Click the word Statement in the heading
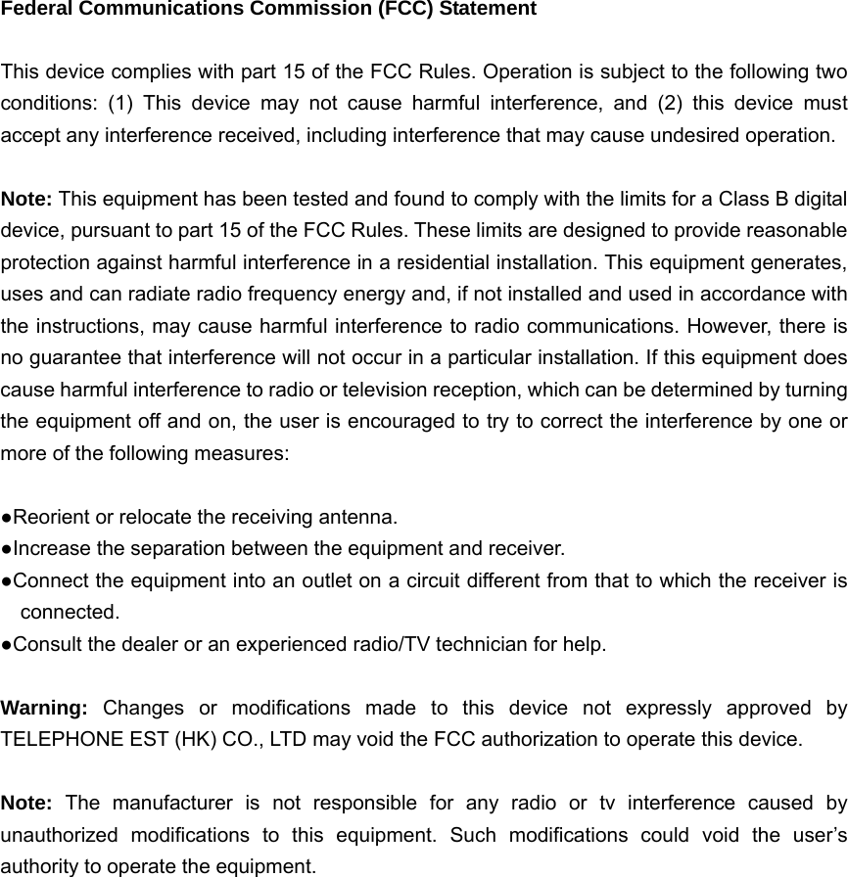pyautogui.click(x=487, y=10)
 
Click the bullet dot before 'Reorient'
pyautogui.click(x=7, y=517)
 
